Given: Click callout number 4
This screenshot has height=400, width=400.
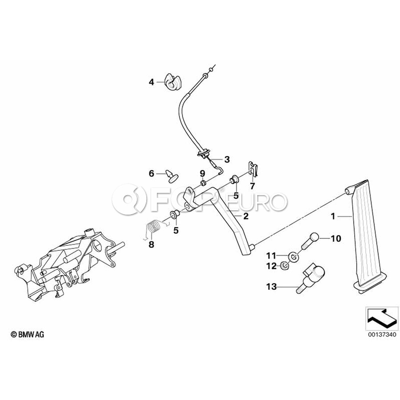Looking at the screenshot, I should [151, 82].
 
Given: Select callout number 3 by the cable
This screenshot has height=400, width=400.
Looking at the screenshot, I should [227, 159].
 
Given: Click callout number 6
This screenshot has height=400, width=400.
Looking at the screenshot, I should [151, 173].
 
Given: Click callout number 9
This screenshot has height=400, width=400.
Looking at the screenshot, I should [202, 173].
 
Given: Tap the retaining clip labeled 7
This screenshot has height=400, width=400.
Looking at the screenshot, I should [252, 168].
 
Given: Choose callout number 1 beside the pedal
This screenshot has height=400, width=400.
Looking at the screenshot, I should [332, 216].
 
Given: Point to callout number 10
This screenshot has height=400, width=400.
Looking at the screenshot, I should [335, 239].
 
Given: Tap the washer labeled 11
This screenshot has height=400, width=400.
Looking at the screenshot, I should [293, 257].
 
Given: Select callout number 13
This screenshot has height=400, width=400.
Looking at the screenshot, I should [271, 287].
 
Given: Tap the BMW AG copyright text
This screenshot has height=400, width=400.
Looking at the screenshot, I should [28, 335].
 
